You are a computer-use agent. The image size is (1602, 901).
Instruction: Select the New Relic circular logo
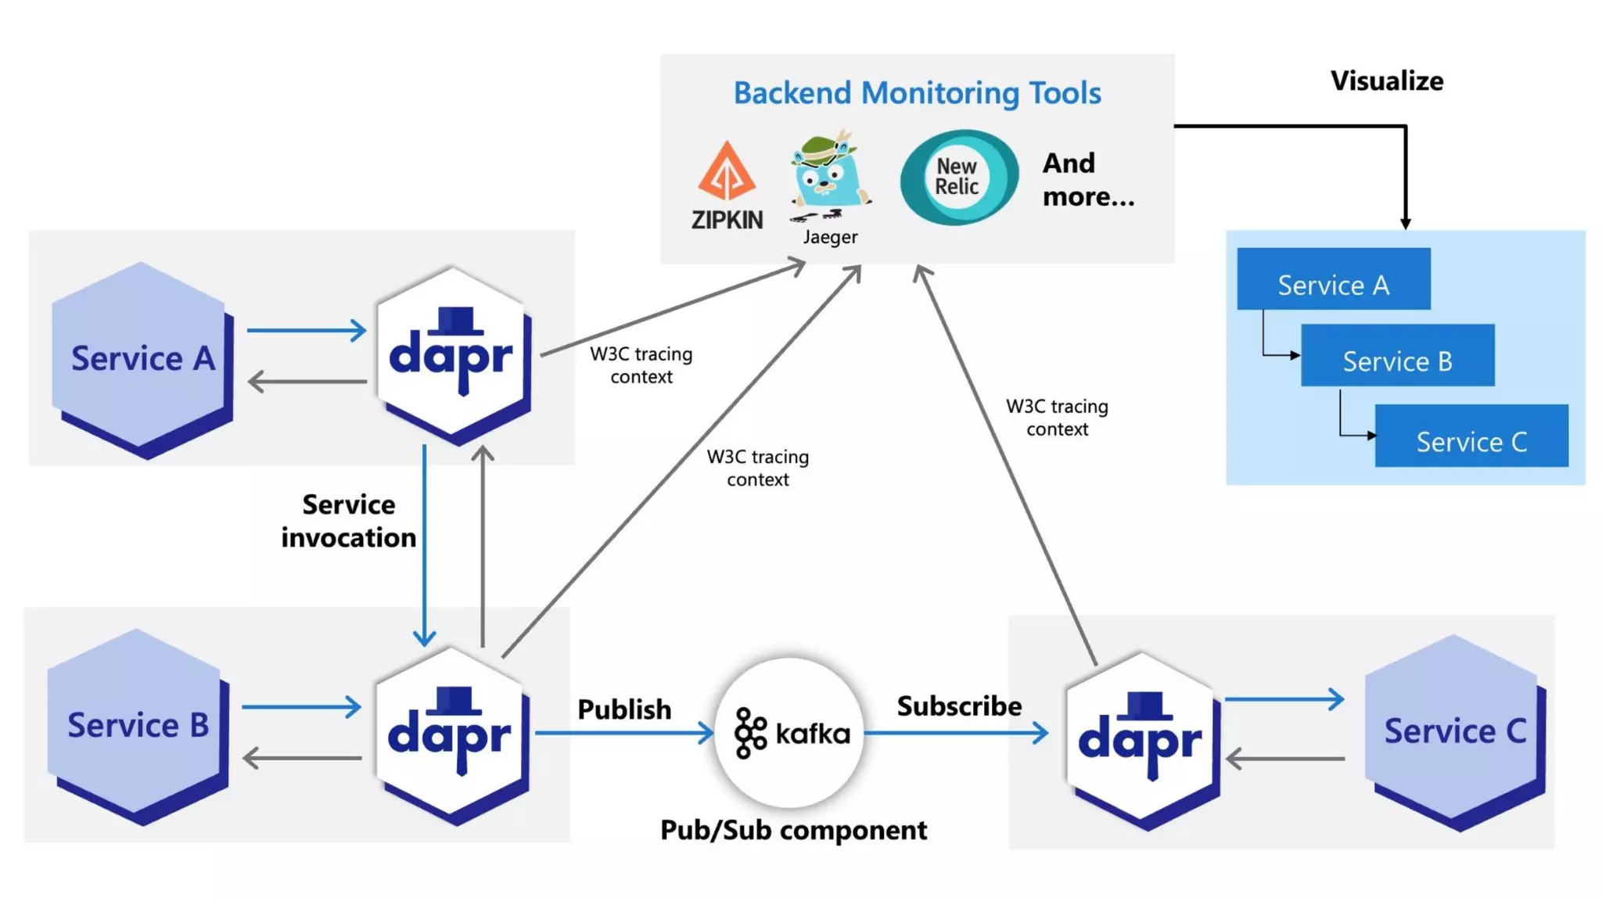958,178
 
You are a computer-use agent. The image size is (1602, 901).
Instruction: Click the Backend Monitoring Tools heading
917,93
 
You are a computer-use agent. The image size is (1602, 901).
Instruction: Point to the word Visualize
1386,81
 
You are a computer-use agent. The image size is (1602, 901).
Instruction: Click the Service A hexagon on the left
142,358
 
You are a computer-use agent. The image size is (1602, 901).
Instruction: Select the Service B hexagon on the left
138,725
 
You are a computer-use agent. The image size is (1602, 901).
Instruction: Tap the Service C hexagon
1454,731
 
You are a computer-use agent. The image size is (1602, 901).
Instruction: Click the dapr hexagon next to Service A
452,357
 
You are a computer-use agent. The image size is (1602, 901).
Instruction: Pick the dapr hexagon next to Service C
1140,739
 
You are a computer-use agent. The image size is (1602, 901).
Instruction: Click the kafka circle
790,733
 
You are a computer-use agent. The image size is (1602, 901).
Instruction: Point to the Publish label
624,709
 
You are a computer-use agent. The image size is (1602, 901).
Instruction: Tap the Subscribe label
959,705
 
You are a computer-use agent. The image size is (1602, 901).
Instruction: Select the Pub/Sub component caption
793,830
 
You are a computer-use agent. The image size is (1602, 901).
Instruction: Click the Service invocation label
349,521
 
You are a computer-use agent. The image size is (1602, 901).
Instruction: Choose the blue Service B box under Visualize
1397,356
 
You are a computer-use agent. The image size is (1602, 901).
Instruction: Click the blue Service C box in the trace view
1471,436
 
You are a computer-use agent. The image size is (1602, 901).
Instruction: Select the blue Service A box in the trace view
1333,279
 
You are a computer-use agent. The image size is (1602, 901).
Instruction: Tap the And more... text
1087,180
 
